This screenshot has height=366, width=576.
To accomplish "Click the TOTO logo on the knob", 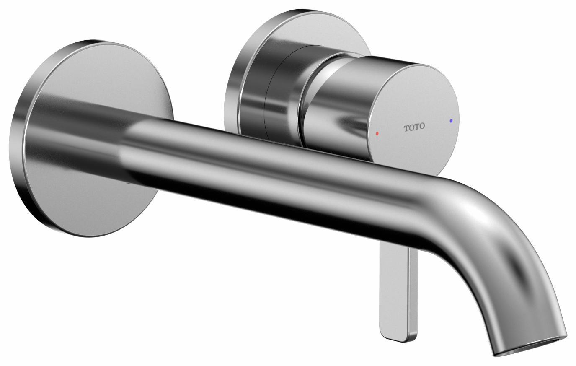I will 414,127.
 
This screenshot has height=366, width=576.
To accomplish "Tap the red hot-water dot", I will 377,133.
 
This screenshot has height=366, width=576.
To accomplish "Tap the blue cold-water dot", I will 451,120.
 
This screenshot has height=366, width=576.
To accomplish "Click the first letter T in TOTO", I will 406,128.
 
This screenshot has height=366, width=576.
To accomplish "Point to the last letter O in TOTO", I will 422,125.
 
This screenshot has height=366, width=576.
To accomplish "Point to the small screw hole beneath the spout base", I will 129,184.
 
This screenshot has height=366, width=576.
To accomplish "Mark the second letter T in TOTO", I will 417,126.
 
